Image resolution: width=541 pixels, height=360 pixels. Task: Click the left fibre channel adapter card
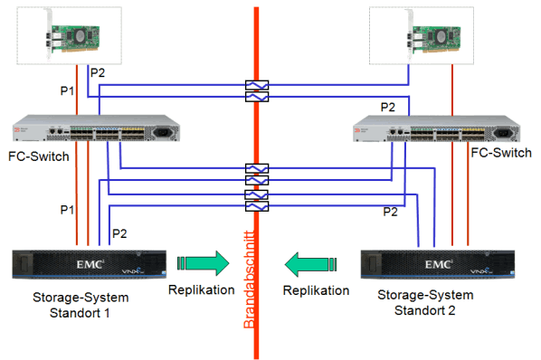69,35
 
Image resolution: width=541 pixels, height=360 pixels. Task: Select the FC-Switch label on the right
501,154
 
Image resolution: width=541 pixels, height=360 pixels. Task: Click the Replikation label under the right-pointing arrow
202,291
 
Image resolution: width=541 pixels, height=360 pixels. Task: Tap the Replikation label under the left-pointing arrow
316,291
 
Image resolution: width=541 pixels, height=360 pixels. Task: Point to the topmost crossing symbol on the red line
256,87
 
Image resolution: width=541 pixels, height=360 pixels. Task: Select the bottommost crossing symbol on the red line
256,207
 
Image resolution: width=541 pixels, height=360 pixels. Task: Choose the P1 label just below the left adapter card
66,91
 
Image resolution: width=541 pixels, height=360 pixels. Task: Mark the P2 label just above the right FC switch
387,107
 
